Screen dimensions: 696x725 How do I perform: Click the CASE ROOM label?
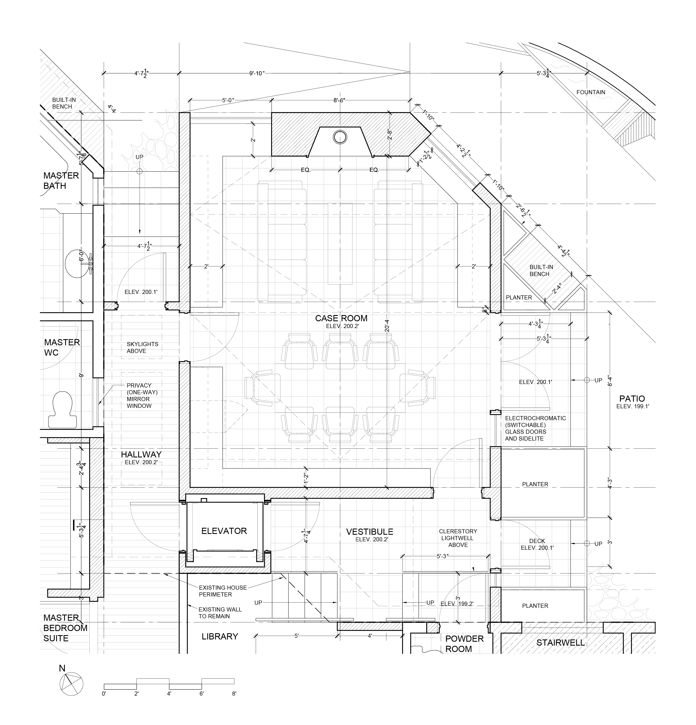(341, 318)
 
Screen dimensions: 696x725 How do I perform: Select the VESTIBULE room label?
(369, 531)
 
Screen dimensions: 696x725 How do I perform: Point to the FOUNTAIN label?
(591, 92)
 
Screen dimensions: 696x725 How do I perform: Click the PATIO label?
(632, 398)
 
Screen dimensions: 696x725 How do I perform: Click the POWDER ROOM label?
(464, 644)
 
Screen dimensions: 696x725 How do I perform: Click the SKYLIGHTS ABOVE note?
(142, 347)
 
